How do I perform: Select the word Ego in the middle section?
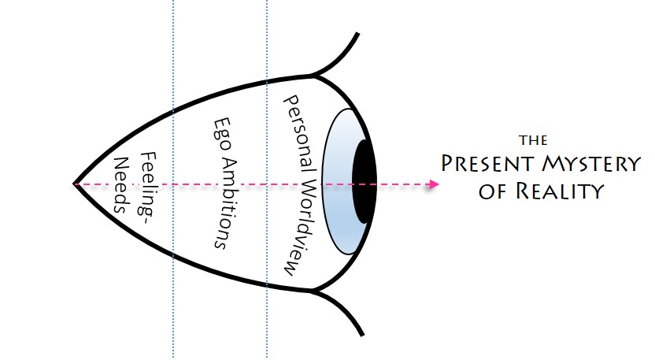coord(222,135)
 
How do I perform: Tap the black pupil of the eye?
coord(363,182)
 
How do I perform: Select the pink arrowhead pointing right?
coord(434,185)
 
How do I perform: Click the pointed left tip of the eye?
coord(76,184)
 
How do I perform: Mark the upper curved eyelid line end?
coord(358,34)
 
